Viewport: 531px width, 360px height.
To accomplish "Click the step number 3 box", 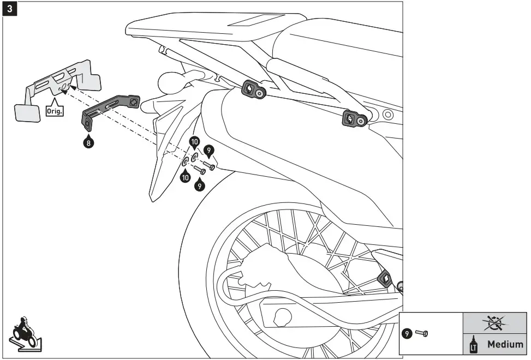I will [9, 9].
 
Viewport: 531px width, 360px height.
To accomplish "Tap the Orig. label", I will [55, 109].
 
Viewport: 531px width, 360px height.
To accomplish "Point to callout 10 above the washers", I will [194, 142].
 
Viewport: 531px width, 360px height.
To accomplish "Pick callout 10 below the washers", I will [185, 176].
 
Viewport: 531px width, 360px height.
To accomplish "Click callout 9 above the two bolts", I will [208, 149].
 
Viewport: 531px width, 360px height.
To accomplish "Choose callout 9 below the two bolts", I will [200, 186].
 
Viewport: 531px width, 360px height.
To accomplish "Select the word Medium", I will [505, 344].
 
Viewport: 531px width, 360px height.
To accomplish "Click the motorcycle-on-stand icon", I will [24, 332].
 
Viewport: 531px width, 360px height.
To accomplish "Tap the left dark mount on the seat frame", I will [254, 91].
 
